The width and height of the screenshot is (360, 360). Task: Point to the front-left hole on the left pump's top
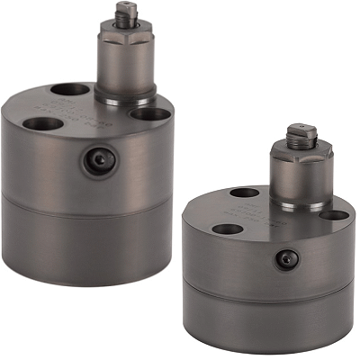coord(41,124)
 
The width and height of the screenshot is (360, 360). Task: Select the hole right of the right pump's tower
coord(334,215)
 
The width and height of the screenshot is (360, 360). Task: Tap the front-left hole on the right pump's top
coord(228,228)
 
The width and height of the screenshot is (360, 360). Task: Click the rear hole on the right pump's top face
coord(245,193)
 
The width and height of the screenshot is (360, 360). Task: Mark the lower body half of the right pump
coord(270,315)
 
